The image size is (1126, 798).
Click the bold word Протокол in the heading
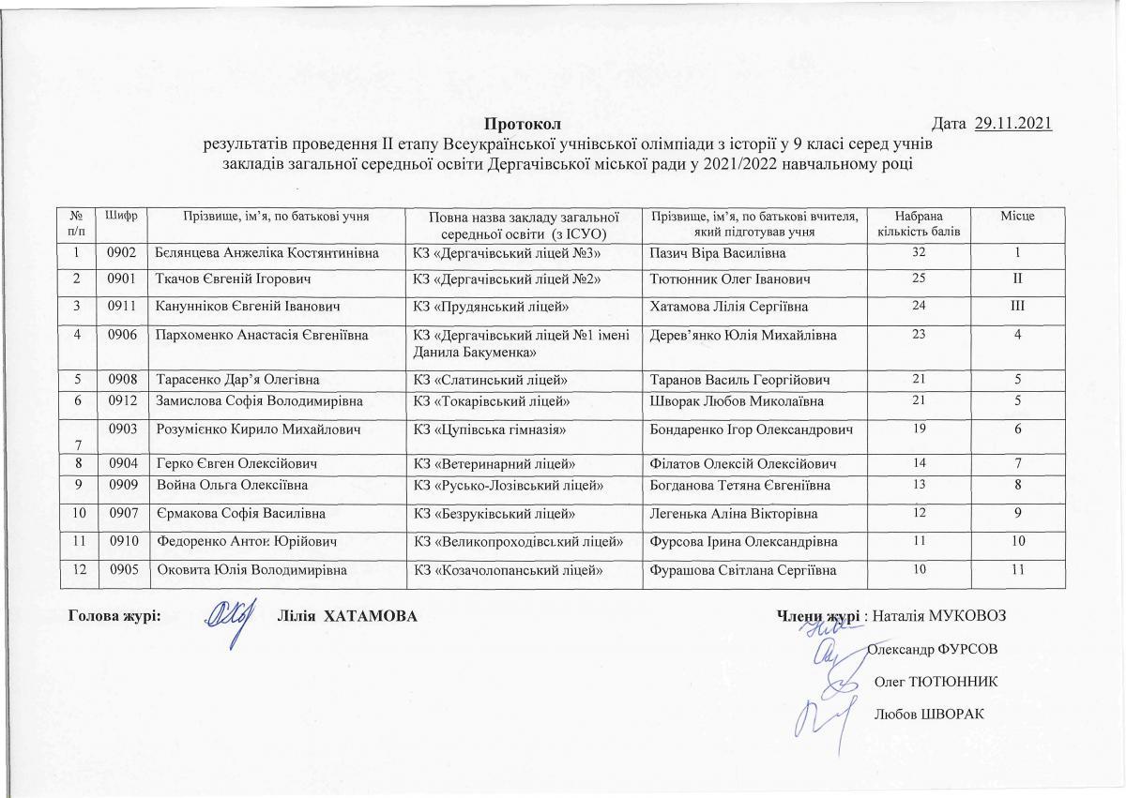[x=522, y=124]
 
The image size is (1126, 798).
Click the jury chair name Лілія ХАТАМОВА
[x=347, y=616]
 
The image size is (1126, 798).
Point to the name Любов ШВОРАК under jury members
[x=928, y=714]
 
